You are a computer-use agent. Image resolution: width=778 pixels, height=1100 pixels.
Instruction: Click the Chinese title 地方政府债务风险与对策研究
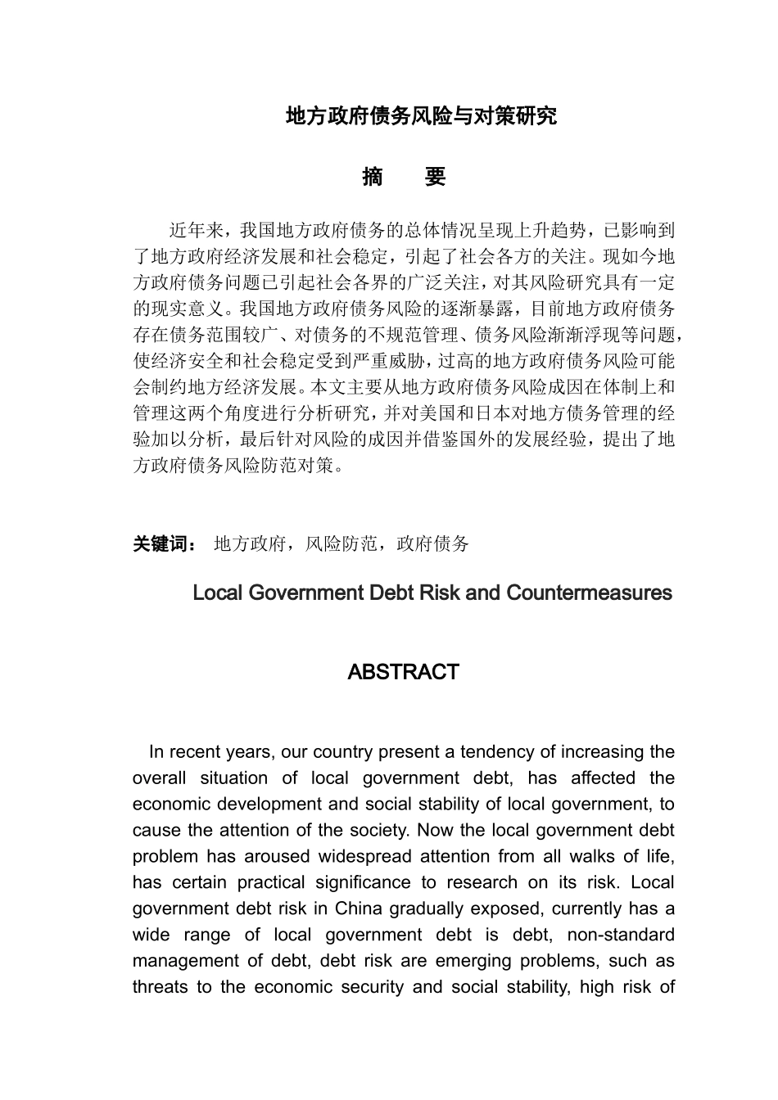coord(421,116)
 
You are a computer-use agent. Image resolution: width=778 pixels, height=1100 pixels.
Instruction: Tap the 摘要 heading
coord(404,177)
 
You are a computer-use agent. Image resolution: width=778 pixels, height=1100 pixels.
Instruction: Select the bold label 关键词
coord(161,543)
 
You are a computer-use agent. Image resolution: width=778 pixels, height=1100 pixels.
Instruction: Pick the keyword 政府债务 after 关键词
coord(432,543)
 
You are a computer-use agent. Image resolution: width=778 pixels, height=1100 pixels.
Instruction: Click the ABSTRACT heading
coord(403,672)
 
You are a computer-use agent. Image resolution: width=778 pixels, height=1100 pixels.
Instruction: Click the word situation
coord(234,778)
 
